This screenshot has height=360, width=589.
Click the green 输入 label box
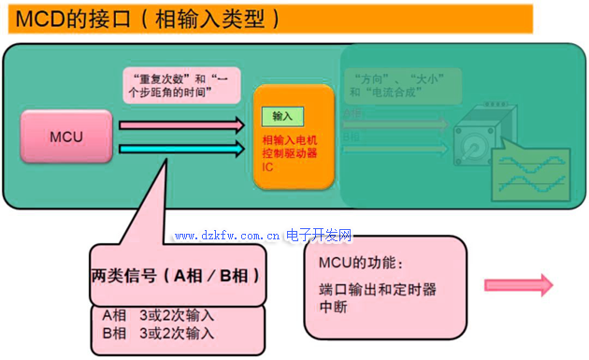tap(282, 115)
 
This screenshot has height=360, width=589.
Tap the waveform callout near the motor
tap(533, 168)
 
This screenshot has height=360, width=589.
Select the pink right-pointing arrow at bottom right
tap(518, 286)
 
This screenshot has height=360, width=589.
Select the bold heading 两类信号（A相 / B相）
tap(176, 276)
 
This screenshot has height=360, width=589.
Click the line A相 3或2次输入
tap(158, 315)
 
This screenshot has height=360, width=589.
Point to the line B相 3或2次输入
tap(158, 333)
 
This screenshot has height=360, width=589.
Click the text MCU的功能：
tap(360, 264)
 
